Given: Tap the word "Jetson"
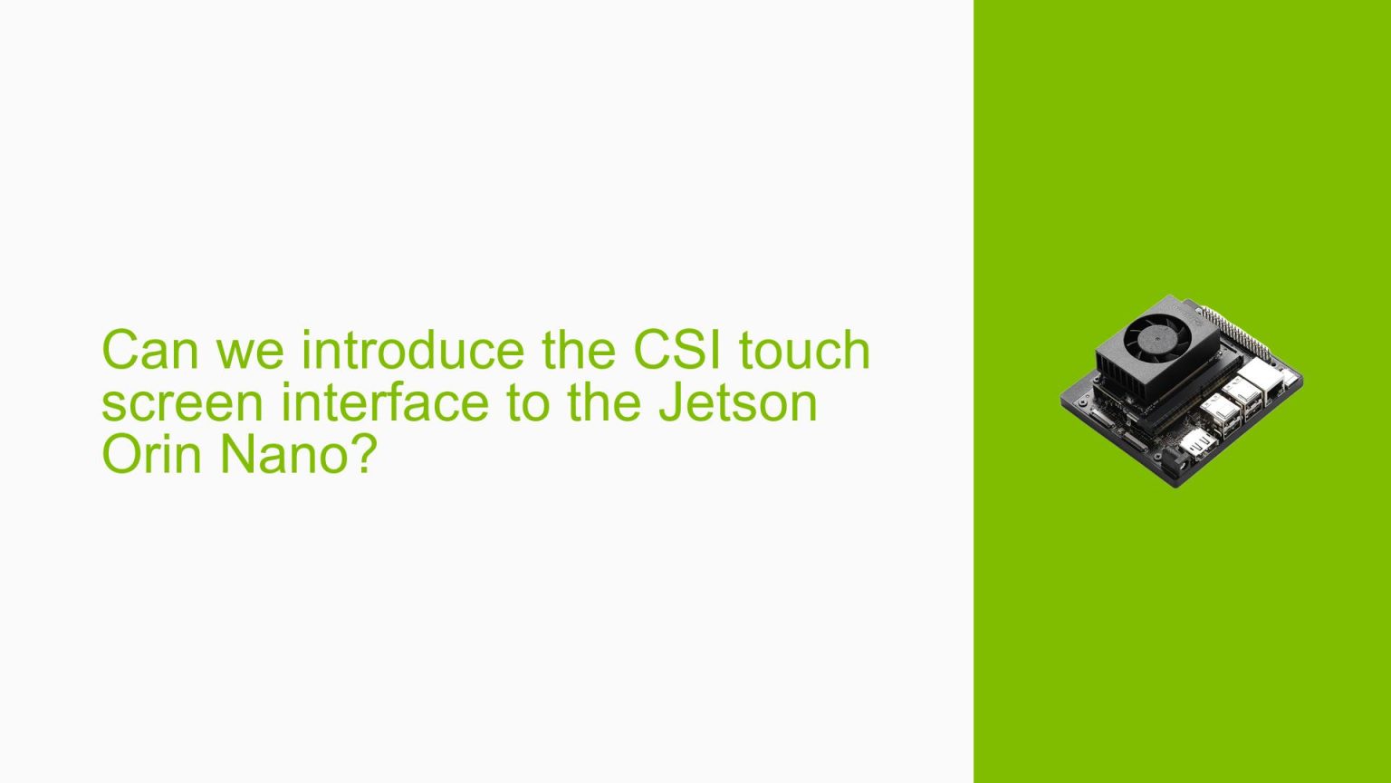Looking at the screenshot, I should click(738, 402).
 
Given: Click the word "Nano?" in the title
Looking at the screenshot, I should click(299, 454).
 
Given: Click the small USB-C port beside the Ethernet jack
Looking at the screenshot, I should click(1286, 373).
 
